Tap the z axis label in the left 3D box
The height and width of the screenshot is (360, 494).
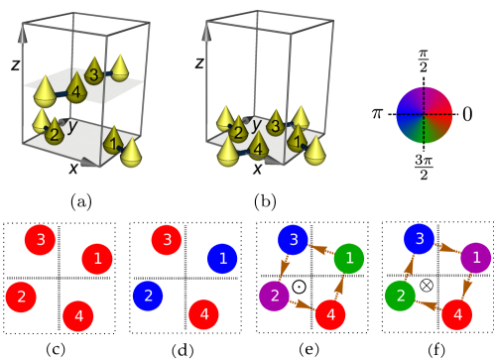click(15, 64)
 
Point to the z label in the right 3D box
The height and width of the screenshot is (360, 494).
click(199, 62)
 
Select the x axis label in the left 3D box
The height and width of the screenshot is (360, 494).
click(73, 168)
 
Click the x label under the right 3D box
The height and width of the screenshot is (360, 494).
click(257, 168)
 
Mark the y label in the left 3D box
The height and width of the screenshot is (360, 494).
click(71, 126)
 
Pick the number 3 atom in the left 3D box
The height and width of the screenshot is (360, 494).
click(93, 73)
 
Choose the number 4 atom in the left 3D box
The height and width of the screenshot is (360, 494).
click(75, 92)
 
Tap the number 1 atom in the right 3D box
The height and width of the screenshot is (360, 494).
click(297, 138)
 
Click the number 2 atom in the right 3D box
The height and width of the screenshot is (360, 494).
click(238, 132)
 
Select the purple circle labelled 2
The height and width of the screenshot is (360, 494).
click(275, 295)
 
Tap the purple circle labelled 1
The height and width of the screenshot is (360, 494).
click(476, 258)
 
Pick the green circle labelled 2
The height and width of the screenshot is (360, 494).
click(401, 295)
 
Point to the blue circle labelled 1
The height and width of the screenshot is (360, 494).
click(222, 258)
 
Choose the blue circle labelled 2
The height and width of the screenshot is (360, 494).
click(148, 295)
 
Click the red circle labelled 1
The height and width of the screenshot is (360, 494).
click(96, 259)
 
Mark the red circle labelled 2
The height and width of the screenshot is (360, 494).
click(21, 296)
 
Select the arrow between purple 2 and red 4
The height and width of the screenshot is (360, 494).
click(303, 304)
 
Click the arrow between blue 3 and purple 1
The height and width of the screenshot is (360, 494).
click(447, 247)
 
